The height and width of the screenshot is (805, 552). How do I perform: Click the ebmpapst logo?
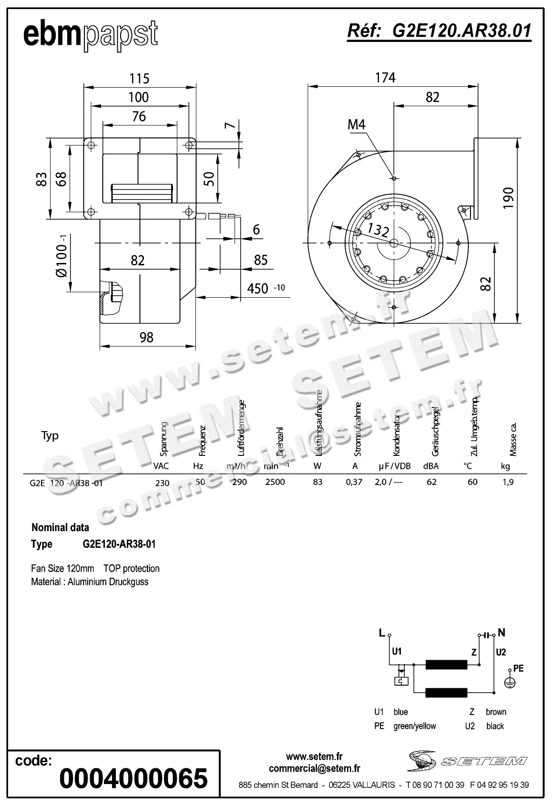pyautogui.click(x=90, y=34)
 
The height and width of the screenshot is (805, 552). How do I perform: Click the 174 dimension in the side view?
pyautogui.click(x=385, y=78)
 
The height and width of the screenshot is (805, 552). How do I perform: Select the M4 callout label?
pyautogui.click(x=356, y=125)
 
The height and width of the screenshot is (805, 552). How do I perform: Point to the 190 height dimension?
pyautogui.click(x=508, y=198)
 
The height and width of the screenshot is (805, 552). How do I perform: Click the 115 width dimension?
pyautogui.click(x=139, y=79)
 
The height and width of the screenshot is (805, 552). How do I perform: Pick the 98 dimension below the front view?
pyautogui.click(x=146, y=337)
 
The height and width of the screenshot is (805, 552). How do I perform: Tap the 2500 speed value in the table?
pyautogui.click(x=275, y=482)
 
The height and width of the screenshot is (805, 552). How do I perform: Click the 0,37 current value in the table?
pyautogui.click(x=354, y=482)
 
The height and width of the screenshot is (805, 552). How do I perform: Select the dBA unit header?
pyautogui.click(x=431, y=466)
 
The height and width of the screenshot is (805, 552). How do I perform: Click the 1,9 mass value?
pyautogui.click(x=508, y=482)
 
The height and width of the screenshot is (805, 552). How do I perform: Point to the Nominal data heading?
pyautogui.click(x=60, y=527)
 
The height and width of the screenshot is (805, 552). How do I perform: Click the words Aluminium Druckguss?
pyautogui.click(x=108, y=582)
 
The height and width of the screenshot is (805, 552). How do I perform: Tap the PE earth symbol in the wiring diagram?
pyautogui.click(x=510, y=683)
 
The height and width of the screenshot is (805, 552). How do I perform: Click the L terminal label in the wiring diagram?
pyautogui.click(x=382, y=633)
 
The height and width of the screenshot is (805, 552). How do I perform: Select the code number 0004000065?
pyautogui.click(x=133, y=779)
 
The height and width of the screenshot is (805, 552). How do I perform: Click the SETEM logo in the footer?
pyautogui.click(x=467, y=761)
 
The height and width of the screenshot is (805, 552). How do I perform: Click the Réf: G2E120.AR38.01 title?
pyautogui.click(x=439, y=31)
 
